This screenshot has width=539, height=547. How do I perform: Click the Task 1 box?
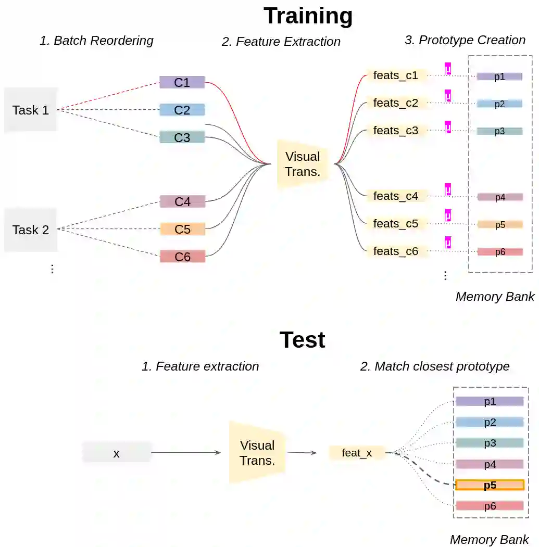tap(30, 110)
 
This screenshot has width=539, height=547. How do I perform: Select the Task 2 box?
tap(30, 230)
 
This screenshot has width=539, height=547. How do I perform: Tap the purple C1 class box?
tap(182, 82)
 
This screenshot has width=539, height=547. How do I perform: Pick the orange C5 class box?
tap(182, 229)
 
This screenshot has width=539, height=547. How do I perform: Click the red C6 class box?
tap(182, 257)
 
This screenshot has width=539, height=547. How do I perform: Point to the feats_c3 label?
tap(396, 130)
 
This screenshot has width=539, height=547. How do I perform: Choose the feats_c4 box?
tap(396, 196)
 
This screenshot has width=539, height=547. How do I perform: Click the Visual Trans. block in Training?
tap(303, 164)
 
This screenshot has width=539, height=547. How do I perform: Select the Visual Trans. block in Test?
tap(257, 453)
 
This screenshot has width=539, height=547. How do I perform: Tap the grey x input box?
tap(117, 453)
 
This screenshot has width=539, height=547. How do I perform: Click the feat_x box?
tap(357, 453)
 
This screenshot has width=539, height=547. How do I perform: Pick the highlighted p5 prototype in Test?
tap(490, 485)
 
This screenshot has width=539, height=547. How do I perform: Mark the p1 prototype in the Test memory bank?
tap(490, 401)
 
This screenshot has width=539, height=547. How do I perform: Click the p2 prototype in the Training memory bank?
tap(499, 104)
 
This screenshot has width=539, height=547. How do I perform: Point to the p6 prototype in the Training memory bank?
tap(499, 252)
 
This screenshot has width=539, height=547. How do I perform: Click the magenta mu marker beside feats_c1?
tap(447, 69)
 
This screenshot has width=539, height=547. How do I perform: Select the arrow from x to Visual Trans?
tap(186, 453)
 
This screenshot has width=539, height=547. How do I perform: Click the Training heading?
tap(308, 16)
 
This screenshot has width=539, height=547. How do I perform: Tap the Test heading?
tap(302, 340)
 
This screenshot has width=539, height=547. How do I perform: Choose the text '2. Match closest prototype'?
tap(435, 366)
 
